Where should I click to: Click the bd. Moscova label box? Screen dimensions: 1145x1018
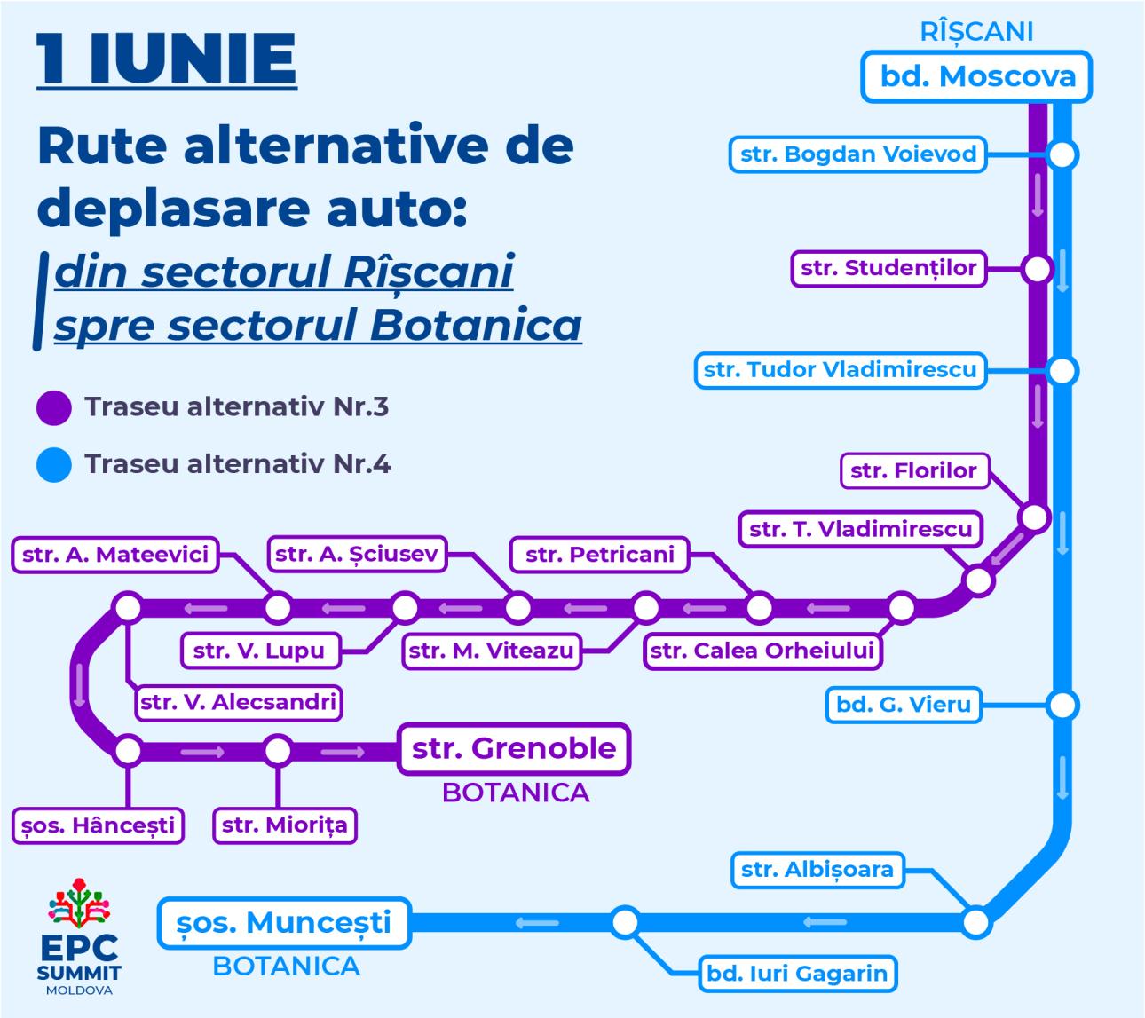976,77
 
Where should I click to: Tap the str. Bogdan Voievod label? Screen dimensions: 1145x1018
858,154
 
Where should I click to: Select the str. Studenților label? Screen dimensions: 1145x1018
888,269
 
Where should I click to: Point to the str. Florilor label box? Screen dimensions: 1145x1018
914,471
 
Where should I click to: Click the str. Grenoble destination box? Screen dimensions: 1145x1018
514,749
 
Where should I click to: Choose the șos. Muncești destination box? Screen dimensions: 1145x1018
284,923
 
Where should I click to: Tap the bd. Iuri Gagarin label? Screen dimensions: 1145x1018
797,974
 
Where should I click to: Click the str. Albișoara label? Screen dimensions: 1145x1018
817,870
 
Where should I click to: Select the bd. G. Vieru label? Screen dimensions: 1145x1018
903,705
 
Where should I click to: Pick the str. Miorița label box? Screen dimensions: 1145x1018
285,825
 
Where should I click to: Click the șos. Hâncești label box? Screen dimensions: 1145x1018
98,825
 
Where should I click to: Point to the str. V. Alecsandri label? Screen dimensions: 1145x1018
239,703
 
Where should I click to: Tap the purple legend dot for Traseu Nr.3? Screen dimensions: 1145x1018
53,407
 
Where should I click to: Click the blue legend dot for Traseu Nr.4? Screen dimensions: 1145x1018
53,465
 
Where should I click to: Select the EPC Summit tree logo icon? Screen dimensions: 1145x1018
79,903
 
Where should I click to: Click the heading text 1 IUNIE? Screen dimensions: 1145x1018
167,59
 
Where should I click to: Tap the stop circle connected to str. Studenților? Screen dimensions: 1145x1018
1037,269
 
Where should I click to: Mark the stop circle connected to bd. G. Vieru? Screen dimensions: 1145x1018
1062,706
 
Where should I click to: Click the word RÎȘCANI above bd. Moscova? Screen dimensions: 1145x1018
976,32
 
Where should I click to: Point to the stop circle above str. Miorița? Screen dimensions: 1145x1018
278,751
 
